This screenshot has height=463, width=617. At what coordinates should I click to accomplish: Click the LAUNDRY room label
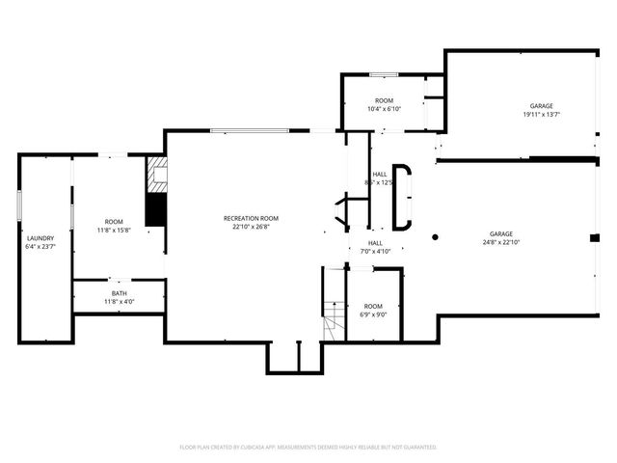[x=40, y=238]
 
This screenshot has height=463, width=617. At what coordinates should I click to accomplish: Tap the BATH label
[x=119, y=293]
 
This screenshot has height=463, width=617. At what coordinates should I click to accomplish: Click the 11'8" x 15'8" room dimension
[x=114, y=230]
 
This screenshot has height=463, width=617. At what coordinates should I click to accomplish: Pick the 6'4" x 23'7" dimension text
[x=40, y=246]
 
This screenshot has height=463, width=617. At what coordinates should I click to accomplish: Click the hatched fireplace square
[x=157, y=175]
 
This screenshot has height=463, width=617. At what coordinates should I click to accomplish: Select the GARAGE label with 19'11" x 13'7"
[x=541, y=106]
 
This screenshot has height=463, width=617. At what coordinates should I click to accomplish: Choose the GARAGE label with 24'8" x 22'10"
[x=500, y=233]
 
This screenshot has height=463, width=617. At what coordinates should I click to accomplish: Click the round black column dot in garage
[x=435, y=235]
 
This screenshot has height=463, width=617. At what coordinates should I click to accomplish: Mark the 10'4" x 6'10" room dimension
[x=384, y=109]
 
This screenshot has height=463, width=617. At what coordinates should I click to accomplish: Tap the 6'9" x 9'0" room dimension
[x=373, y=313]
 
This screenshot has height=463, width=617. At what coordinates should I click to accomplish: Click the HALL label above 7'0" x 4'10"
[x=375, y=243]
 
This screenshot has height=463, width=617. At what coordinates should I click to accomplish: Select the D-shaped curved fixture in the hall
[x=402, y=197]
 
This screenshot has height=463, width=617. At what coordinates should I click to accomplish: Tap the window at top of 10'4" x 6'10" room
[x=384, y=74]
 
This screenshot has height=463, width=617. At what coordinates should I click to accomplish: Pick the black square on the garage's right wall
[x=594, y=237]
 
